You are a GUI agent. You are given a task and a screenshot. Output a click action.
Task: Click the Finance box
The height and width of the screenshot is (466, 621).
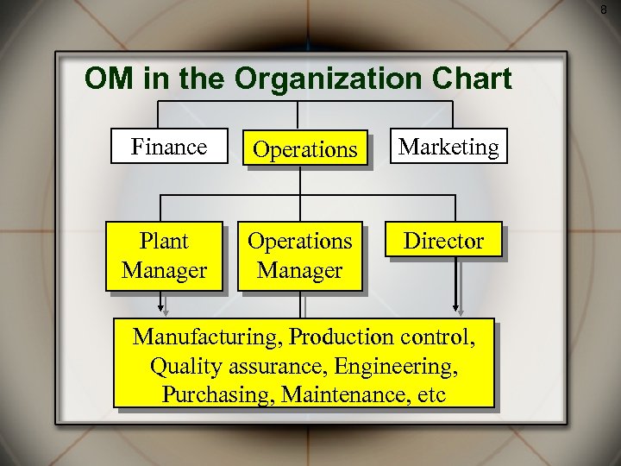pos(169,147)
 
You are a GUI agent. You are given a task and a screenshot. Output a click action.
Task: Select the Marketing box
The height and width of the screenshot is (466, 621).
pos(448,147)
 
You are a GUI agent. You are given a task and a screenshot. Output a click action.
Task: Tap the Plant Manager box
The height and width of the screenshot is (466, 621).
pos(164,255)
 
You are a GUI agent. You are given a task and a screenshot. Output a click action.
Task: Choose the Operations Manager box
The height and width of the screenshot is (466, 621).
pos(300,255)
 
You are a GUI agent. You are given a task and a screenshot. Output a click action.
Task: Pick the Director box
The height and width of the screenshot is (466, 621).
pos(444,241)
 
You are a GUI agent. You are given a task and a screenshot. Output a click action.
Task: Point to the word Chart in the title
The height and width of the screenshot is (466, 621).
pos(469,79)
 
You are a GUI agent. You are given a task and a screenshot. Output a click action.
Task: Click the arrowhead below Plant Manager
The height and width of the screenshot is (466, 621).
pos(161,305)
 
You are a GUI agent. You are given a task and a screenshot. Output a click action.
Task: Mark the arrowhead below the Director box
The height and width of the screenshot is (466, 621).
pos(456,305)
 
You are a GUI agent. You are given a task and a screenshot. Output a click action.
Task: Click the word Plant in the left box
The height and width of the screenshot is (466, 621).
pos(164,242)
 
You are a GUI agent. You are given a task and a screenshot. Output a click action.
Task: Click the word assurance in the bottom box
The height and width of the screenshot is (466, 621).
pos(275,366)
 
